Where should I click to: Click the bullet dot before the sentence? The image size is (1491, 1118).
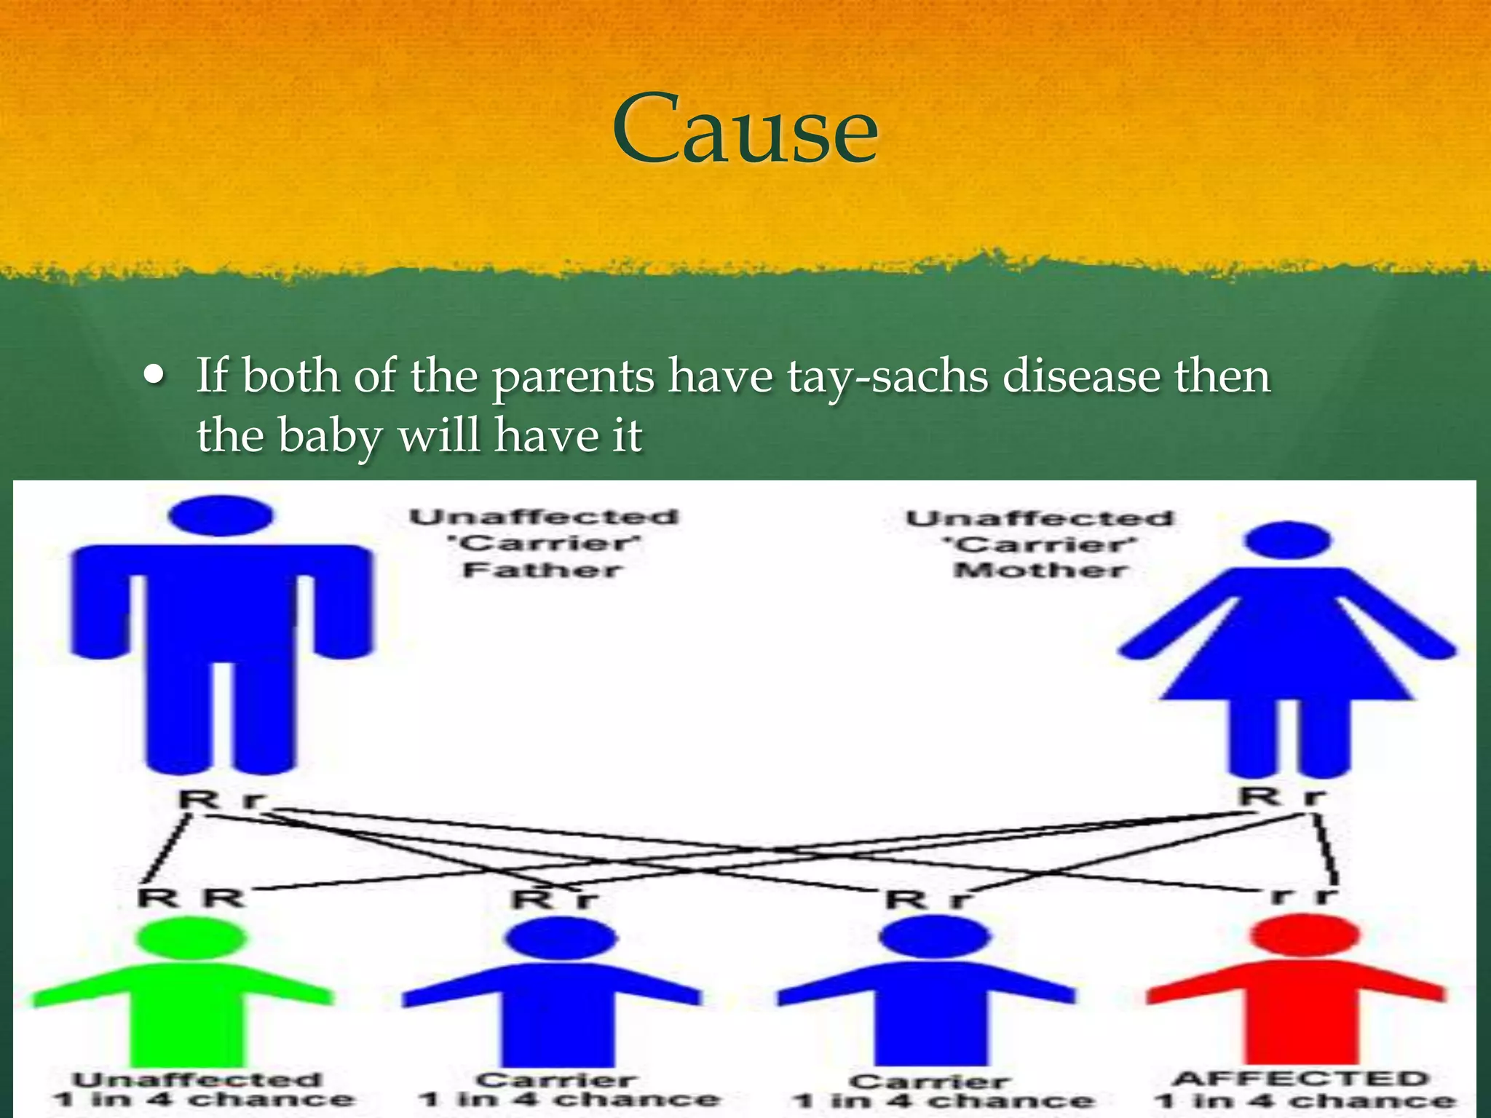pos(154,376)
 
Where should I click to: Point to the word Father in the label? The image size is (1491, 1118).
pos(543,570)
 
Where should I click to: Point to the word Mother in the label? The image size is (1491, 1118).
pos(1040,570)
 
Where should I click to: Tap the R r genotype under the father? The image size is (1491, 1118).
pos(221,800)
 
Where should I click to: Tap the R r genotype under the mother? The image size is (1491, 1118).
pos(1283,796)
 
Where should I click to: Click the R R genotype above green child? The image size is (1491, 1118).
pos(191,897)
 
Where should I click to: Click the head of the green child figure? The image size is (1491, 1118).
pos(191,937)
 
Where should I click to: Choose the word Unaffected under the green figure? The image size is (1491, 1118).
pos(197,1079)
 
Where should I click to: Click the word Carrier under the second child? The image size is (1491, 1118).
pos(557,1080)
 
